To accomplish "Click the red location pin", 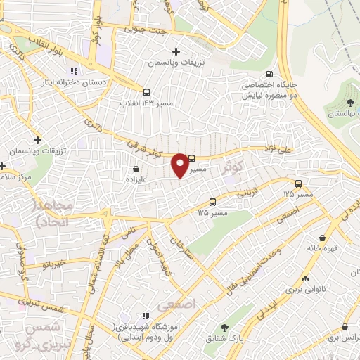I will tap(180, 164).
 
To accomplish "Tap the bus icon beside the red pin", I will tap(193, 158).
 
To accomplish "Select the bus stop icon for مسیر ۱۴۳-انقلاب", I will tap(146, 92).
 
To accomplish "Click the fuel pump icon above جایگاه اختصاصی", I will tap(269, 74).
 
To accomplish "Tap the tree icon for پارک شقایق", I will tap(224, 327).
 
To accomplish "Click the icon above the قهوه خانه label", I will tap(322, 238).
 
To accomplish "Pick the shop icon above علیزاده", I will tap(136, 169).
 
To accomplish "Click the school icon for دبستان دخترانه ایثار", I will tap(73, 71).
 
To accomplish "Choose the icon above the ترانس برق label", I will tap(345, 327).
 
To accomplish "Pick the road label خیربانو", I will tap(54, 264).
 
